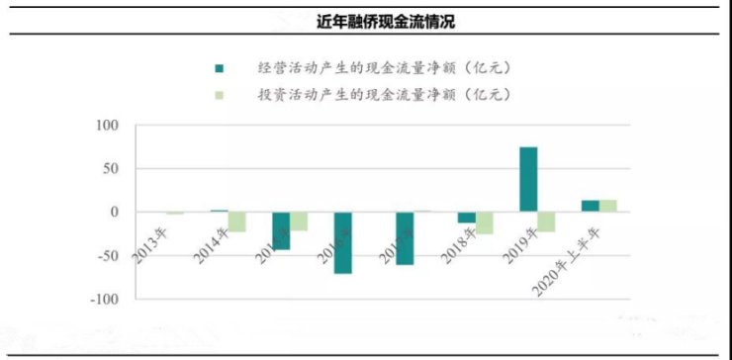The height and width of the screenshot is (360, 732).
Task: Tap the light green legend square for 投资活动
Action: [219, 95]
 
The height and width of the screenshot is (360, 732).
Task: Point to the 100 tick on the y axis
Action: [106, 126]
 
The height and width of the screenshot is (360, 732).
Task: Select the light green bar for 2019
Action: [545, 222]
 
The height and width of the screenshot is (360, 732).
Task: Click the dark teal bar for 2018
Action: [466, 218]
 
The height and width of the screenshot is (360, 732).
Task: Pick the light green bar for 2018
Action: [484, 223]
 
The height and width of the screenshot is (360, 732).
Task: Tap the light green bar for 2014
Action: [235, 222]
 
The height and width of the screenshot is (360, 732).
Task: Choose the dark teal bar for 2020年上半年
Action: [590, 206]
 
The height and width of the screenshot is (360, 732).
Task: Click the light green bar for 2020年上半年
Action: [607, 206]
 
